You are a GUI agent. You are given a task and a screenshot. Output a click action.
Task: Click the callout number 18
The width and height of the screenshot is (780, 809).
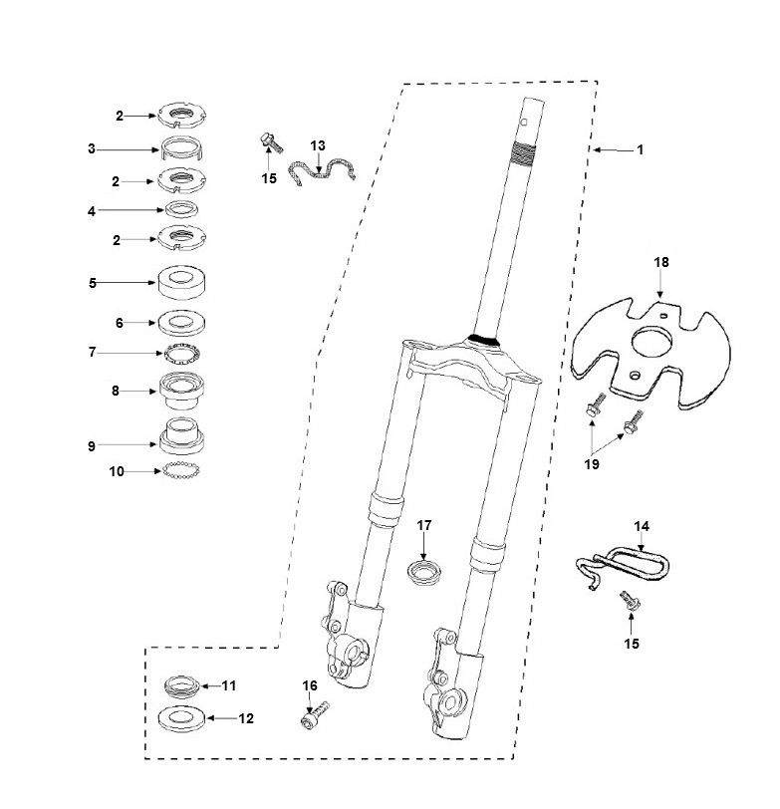coord(661,262)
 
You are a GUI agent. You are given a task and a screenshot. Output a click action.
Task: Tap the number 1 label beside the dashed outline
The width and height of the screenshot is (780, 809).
coord(641,149)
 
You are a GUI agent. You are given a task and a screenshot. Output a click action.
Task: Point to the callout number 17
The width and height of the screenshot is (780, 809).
coord(424,525)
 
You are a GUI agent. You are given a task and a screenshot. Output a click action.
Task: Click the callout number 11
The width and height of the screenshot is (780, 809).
coord(230,685)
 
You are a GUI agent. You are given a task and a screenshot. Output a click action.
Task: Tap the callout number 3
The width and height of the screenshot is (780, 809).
coord(91,149)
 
